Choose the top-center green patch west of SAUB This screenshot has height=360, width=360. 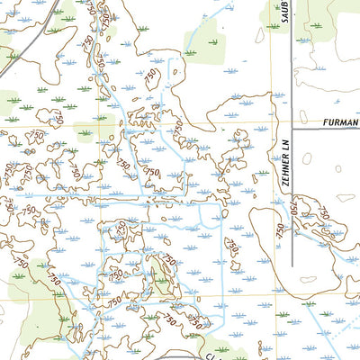tap(208, 36)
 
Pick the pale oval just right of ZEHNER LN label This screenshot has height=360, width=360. tap(307, 158)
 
